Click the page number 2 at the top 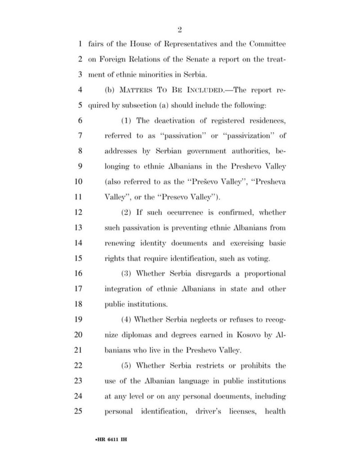tap(179, 30)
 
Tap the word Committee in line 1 tap(264, 44)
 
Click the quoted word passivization tap(249, 135)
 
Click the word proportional tap(264, 274)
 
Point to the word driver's tap(212, 411)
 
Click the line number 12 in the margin tap(82, 212)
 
